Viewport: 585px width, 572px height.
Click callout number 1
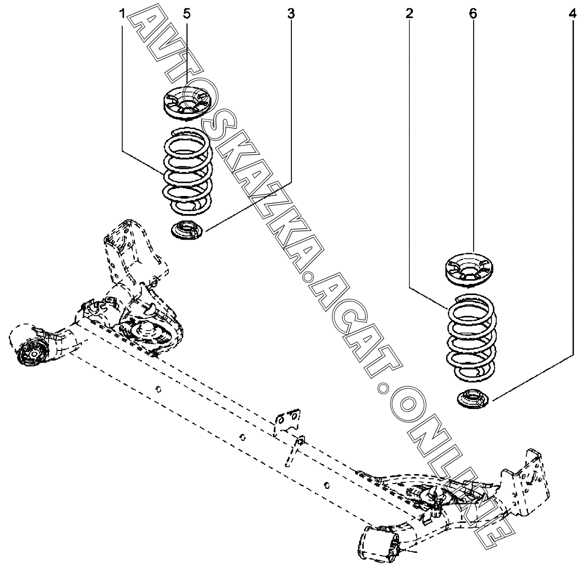[x=122, y=14]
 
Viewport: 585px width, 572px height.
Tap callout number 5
[x=186, y=14]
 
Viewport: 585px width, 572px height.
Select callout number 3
[x=291, y=14]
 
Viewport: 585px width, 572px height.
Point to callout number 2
[x=409, y=14]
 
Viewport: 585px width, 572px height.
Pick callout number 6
[x=473, y=14]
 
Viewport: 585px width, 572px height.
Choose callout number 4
[x=572, y=14]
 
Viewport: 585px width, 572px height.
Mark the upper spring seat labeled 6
[x=471, y=269]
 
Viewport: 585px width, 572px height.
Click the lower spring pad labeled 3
[x=186, y=229]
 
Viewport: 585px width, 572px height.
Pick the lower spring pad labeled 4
[x=471, y=398]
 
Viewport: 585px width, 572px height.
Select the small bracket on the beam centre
[x=287, y=421]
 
